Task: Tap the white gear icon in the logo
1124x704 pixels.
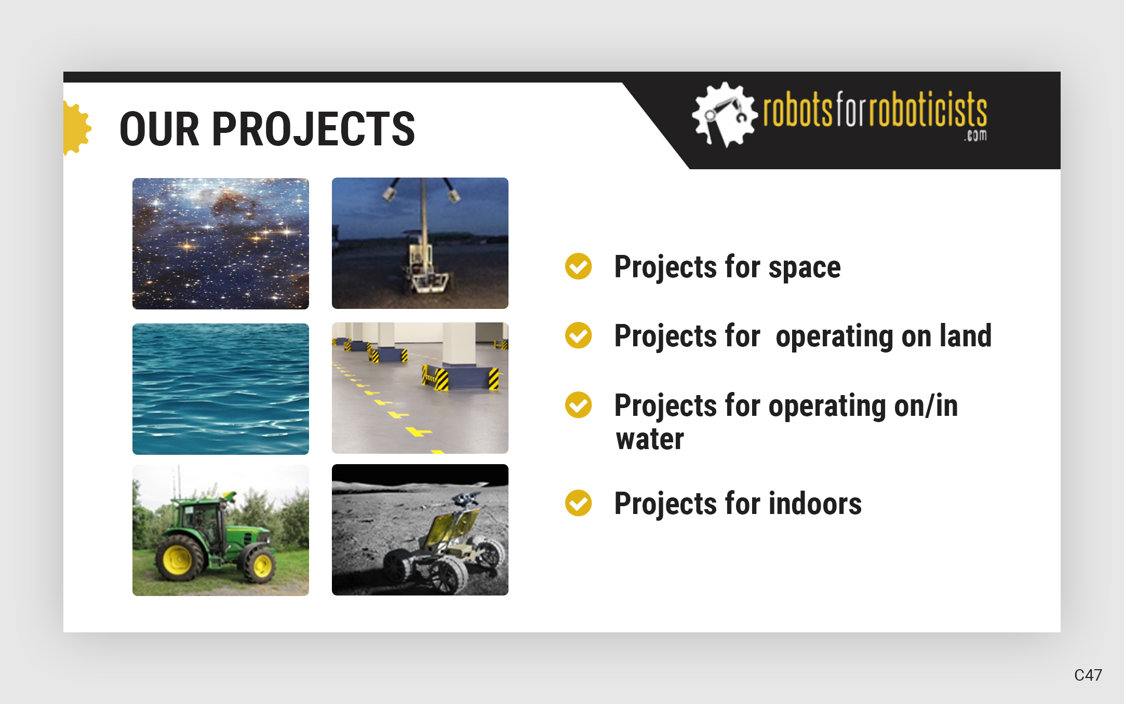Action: tap(723, 114)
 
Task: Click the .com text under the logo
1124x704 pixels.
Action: tap(975, 136)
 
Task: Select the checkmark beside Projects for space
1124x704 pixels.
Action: tap(578, 267)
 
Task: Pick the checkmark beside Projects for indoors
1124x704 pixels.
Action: tap(578, 503)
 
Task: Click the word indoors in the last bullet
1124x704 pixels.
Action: tap(815, 504)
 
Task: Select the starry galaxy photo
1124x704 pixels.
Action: tap(220, 243)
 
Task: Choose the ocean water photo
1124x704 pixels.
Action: tap(220, 389)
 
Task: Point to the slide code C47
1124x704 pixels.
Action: tap(1088, 675)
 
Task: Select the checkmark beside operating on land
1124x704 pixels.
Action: tap(578, 335)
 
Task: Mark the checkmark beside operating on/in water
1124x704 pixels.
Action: tap(578, 405)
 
